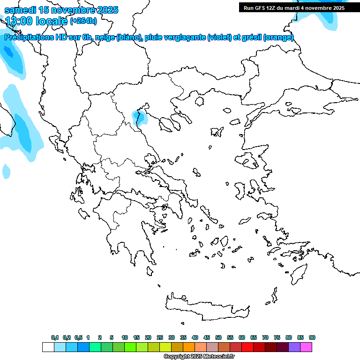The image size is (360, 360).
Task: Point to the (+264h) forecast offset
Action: [83, 21]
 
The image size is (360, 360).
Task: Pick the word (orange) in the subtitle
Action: [278, 37]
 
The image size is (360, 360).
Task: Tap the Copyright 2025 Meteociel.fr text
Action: [199, 357]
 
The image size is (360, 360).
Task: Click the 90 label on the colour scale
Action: [312, 337]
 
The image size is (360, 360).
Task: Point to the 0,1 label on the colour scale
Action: [55, 337]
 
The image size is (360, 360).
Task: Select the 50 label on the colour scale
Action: [218, 337]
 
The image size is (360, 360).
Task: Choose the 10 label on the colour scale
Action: [125, 337]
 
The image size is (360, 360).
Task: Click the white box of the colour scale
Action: [48, 347]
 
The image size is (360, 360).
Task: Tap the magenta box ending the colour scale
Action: [306, 347]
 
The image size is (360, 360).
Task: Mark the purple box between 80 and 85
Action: [294, 347]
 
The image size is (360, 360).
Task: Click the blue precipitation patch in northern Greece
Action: [140, 116]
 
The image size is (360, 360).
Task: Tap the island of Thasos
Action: [200, 101]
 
